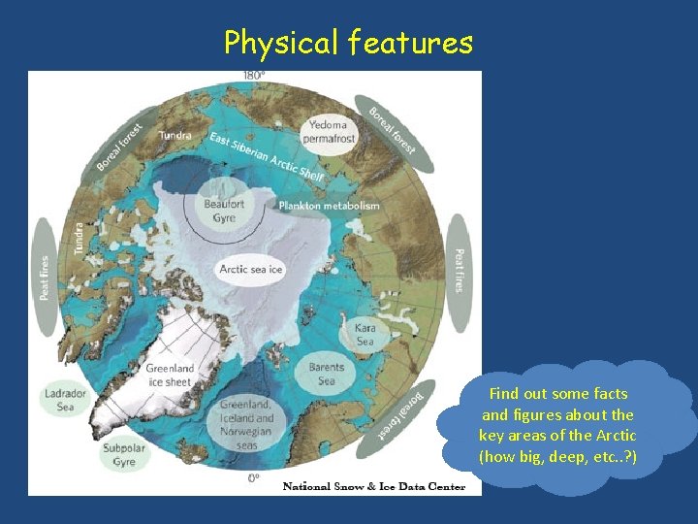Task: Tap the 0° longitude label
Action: pyautogui.click(x=253, y=477)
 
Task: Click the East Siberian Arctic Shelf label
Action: pyautogui.click(x=267, y=155)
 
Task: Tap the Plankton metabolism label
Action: pyautogui.click(x=329, y=206)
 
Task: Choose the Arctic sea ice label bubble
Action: pyautogui.click(x=251, y=269)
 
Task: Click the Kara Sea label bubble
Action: pyautogui.click(x=365, y=335)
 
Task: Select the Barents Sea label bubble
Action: pyautogui.click(x=327, y=375)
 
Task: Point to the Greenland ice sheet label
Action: pyautogui.click(x=170, y=376)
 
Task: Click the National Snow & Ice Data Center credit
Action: pyautogui.click(x=374, y=486)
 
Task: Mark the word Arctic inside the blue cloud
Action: pyautogui.click(x=616, y=435)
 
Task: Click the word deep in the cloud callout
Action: pyautogui.click(x=569, y=456)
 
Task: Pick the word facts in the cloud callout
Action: pyautogui.click(x=609, y=394)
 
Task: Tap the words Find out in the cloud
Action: pyautogui.click(x=519, y=394)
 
